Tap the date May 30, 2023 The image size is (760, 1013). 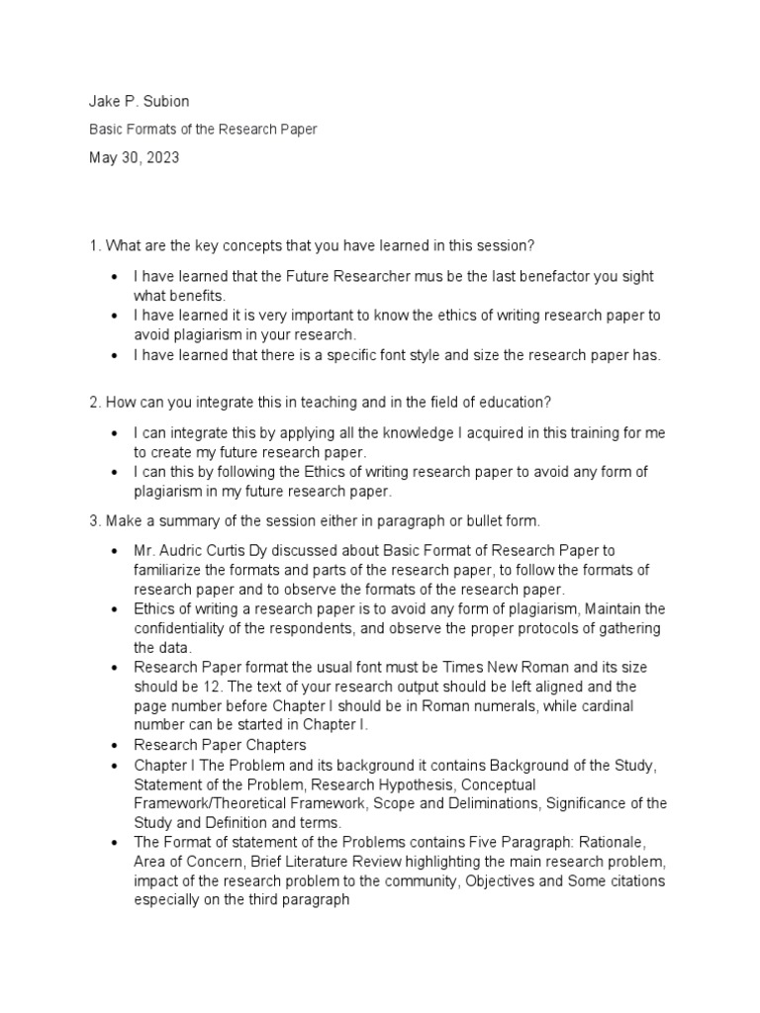click(135, 157)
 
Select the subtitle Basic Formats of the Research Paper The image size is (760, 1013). click(204, 130)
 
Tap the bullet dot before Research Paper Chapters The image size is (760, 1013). click(117, 744)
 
